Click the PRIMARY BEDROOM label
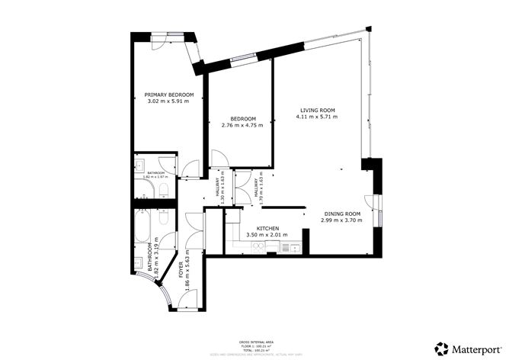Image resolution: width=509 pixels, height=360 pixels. pos(169,95)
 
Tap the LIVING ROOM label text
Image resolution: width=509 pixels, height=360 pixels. pos(316,111)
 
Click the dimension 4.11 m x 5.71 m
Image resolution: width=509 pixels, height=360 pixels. pos(316,117)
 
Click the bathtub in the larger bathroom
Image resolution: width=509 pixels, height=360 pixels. pos(142,229)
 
